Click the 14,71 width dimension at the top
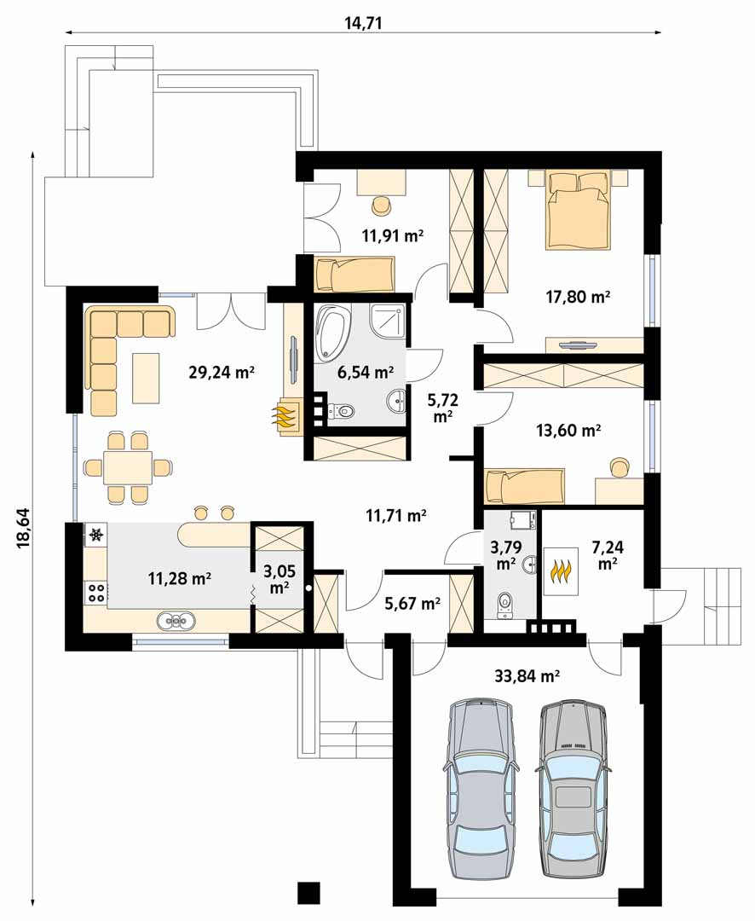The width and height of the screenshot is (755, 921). pos(363,23)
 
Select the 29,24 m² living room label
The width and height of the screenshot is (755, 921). pos(222,372)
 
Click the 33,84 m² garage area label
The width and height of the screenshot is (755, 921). pos(527,675)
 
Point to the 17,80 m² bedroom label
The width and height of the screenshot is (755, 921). pos(578,297)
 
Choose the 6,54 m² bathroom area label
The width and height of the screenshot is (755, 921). pos(366,372)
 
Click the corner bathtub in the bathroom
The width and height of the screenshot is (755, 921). pos(331,333)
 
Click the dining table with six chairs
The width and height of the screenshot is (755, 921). pos(128,467)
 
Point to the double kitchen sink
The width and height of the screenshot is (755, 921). pos(176,620)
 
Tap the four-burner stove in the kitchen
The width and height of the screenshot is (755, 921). pos(95,592)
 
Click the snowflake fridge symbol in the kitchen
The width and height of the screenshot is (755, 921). pos(96,535)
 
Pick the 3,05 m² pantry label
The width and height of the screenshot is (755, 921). pos(280,579)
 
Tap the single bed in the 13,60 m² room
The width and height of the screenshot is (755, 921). pos(524,486)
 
